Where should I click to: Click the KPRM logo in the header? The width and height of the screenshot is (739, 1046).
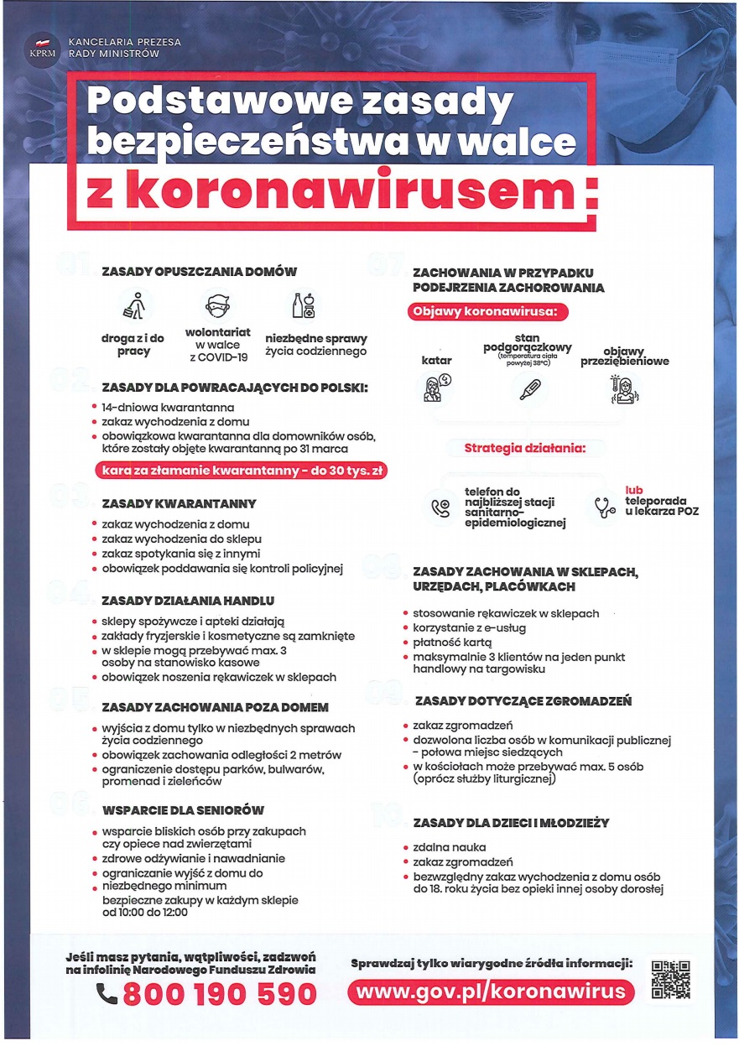point(41,47)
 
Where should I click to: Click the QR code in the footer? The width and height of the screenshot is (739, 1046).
point(671,981)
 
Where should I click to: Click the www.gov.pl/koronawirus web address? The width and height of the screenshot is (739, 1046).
point(491,991)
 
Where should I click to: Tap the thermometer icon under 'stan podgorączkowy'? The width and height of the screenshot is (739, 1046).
point(529,388)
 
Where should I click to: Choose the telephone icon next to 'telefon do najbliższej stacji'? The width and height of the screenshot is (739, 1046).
point(440,507)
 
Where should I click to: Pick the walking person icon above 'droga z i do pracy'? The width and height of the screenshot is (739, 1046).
point(133,306)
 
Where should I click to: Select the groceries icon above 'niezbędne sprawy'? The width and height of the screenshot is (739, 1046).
point(304,306)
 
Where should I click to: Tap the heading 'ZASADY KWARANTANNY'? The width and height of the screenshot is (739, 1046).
point(179,503)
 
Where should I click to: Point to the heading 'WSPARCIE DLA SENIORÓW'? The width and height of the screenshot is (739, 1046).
point(183,810)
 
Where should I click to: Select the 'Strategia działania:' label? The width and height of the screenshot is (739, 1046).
point(524,448)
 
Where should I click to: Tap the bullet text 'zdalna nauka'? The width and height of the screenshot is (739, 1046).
point(450,847)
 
